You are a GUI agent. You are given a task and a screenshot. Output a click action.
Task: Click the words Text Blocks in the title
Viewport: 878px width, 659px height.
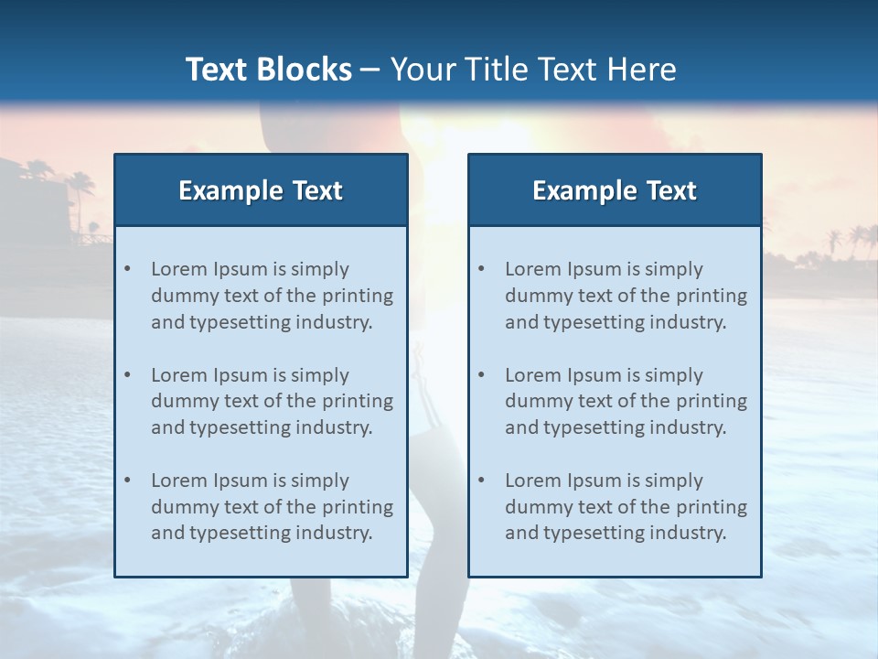tap(268, 70)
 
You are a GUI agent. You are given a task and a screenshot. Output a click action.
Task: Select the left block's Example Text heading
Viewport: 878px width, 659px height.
tap(261, 190)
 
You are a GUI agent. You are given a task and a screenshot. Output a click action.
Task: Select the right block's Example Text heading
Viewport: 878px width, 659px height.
tap(615, 190)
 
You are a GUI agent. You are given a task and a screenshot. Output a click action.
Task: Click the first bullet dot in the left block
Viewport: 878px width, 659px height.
tap(127, 269)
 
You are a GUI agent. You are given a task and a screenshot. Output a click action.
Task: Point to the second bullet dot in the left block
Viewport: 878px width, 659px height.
tap(127, 375)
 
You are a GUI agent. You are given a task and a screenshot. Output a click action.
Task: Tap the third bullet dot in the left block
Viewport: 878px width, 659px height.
tap(127, 481)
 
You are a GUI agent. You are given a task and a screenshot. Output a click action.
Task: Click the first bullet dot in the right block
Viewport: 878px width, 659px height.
tap(481, 269)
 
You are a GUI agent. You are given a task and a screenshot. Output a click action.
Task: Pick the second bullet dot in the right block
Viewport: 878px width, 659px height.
tap(481, 375)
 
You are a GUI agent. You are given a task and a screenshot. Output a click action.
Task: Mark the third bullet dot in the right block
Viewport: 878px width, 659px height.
tap(481, 481)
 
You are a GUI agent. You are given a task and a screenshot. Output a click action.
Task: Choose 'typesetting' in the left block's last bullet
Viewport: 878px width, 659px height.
tap(239, 533)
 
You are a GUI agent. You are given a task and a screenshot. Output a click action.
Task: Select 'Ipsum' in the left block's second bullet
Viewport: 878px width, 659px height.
tap(240, 375)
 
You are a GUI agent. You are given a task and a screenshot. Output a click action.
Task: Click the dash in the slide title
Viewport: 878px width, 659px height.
tap(370, 70)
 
